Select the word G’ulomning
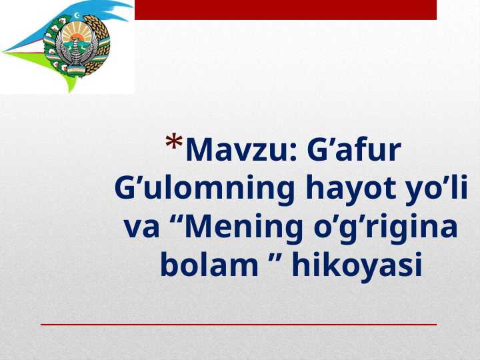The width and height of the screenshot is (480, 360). [206, 189]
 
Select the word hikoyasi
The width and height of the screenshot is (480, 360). [357, 266]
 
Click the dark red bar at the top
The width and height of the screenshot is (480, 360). [285, 9]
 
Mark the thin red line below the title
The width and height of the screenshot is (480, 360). [239, 324]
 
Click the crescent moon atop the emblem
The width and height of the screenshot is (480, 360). [78, 15]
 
